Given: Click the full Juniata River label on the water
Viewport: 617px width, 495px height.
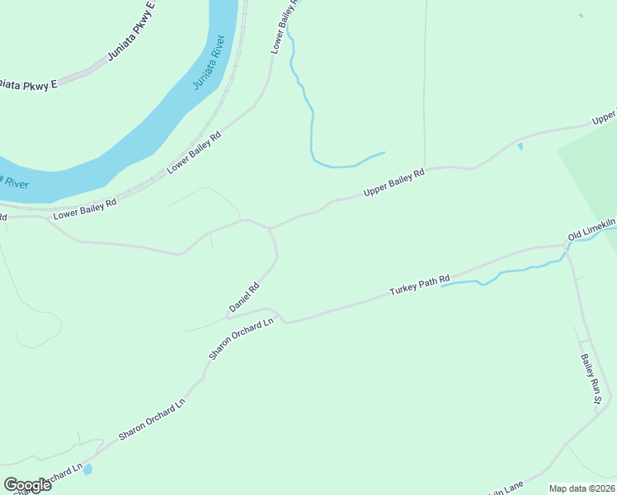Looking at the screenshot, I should coord(209,62).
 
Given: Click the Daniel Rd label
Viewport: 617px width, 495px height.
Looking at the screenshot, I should coord(244,298).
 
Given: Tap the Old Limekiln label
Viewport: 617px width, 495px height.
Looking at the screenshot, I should coord(591,230).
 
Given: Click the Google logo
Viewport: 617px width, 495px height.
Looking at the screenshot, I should coord(27,484).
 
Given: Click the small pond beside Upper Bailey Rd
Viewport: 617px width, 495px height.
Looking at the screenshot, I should coord(520,147).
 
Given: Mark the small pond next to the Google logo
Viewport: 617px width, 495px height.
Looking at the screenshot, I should coord(87,469).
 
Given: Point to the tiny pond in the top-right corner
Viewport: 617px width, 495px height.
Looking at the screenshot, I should coord(581,16).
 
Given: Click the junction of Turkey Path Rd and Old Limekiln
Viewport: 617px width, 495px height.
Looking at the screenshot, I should coord(566,244).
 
